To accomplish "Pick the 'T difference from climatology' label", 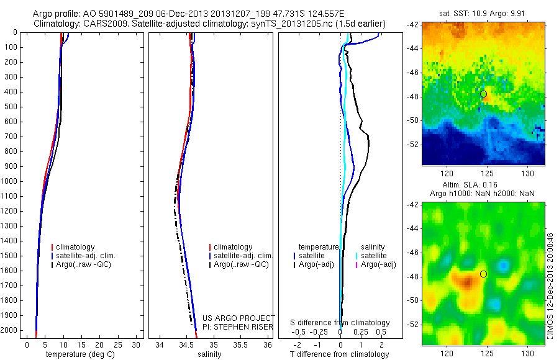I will point(339,354).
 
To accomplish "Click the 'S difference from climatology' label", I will point(340,323).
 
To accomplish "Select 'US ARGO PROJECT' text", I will point(239,318).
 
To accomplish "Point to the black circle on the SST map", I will point(483,94).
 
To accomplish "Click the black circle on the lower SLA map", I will point(483,274).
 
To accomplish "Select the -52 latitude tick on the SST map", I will point(414,144).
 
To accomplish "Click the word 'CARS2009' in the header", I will point(100,23).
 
